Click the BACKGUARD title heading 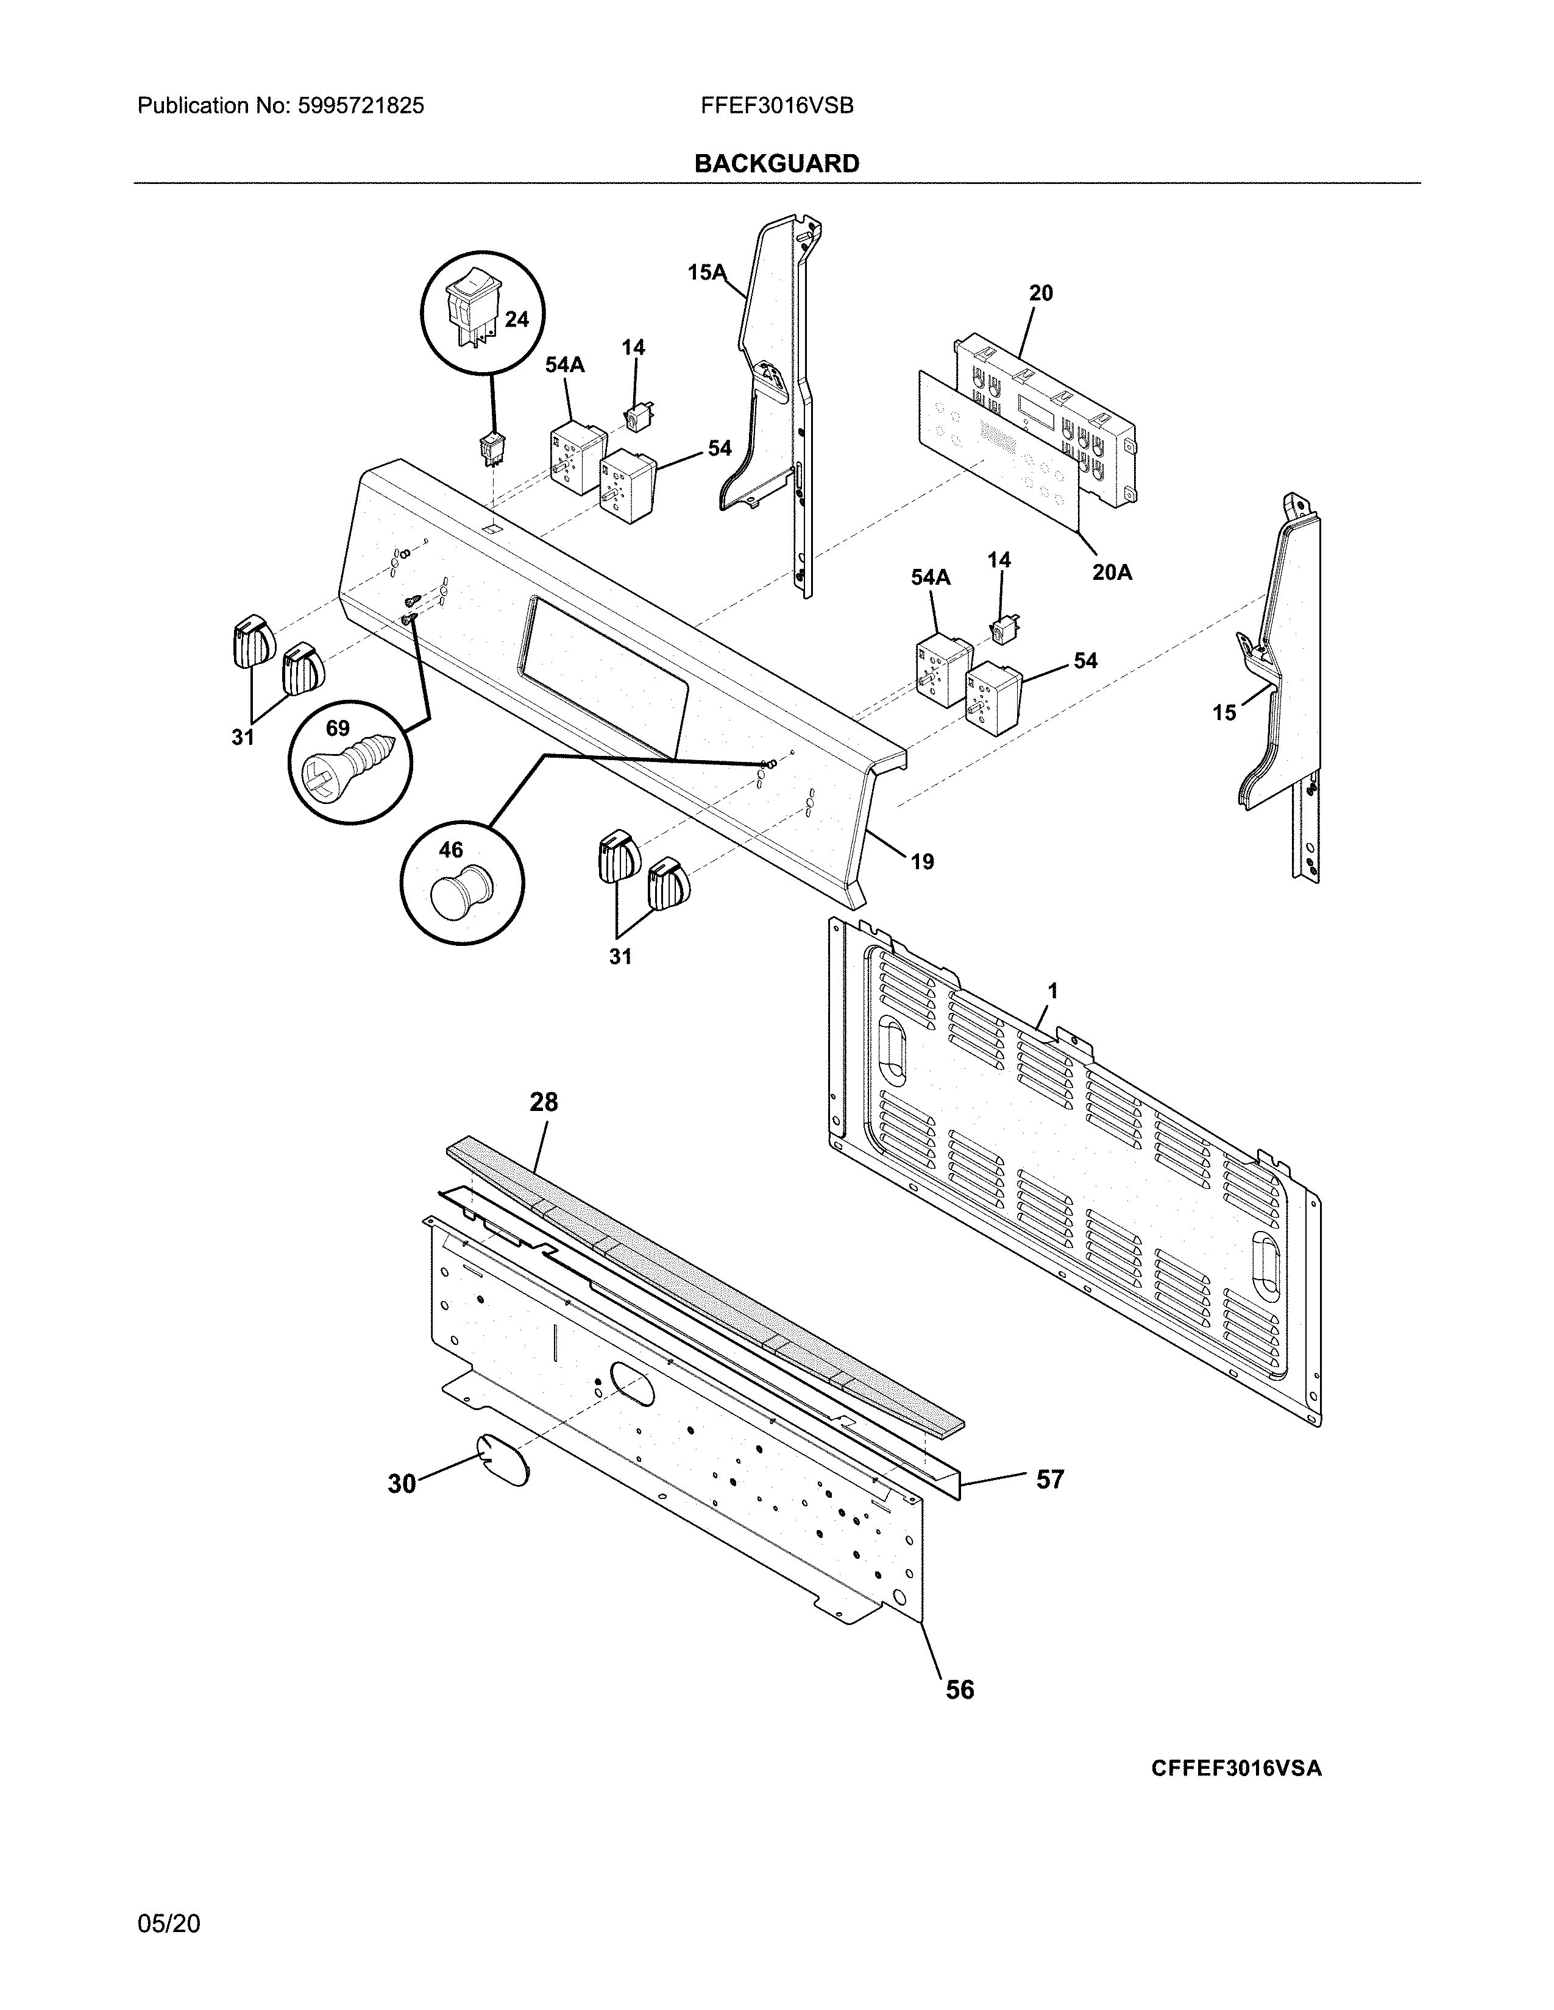776,164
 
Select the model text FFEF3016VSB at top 776,106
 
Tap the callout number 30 402,1484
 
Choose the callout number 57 1049,1479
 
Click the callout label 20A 1112,573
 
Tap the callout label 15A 706,272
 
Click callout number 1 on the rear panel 1052,991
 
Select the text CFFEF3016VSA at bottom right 1235,1768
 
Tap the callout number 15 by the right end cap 1224,713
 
